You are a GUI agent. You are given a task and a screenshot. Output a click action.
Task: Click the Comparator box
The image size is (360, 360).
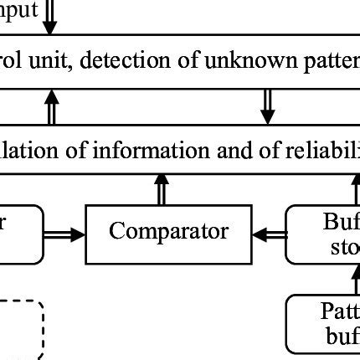click(168, 232)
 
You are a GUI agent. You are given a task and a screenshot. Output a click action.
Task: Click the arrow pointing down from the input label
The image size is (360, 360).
click(50, 18)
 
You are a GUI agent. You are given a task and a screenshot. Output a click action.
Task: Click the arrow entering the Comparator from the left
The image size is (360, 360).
click(64, 236)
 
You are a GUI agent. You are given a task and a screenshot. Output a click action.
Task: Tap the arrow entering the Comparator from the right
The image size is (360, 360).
click(269, 236)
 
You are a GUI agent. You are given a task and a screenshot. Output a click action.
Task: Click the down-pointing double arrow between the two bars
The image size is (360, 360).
click(267, 105)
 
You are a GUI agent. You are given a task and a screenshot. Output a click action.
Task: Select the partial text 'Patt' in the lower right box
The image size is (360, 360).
click(340, 311)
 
